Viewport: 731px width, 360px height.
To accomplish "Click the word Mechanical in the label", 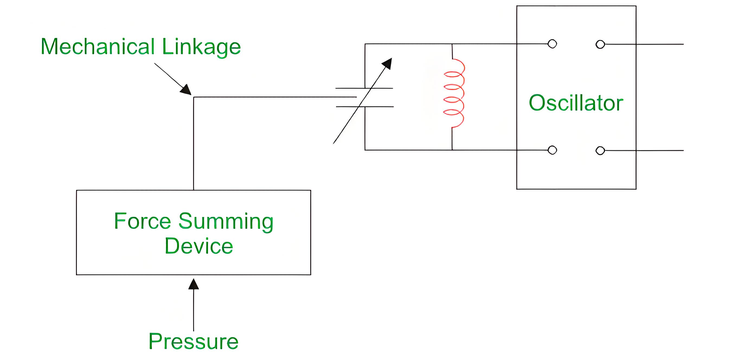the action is click(x=98, y=47).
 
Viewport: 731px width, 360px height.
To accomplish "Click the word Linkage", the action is click(x=201, y=48).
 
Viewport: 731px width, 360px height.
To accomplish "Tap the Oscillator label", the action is click(x=576, y=103).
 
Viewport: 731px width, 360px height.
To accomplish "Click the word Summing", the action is click(x=226, y=222).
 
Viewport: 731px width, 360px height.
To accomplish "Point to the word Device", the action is click(x=199, y=246).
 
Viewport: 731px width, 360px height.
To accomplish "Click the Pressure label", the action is click(x=194, y=341).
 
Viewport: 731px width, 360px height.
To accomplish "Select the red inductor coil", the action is click(x=454, y=93).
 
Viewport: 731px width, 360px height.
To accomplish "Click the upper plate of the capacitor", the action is click(x=364, y=88).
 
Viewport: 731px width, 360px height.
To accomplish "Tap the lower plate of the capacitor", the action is click(x=365, y=107).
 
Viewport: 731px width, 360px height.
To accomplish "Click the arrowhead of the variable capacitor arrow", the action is click(x=387, y=63).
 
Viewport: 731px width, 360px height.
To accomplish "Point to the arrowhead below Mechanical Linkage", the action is click(x=186, y=89).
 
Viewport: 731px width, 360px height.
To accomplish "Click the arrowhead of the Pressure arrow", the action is click(x=194, y=284).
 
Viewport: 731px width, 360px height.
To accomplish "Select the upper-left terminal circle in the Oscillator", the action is click(x=552, y=44).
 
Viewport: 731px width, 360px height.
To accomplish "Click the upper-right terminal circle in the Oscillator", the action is click(x=600, y=44).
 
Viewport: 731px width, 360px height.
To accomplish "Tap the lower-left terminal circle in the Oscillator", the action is click(x=552, y=150).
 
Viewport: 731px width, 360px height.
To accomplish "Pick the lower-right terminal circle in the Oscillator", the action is click(x=600, y=150).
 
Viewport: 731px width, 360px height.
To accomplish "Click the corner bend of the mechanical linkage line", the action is click(x=194, y=97).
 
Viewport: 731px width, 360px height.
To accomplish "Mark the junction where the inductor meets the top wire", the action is click(x=452, y=44).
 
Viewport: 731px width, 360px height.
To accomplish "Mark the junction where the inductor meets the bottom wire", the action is click(x=452, y=150).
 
